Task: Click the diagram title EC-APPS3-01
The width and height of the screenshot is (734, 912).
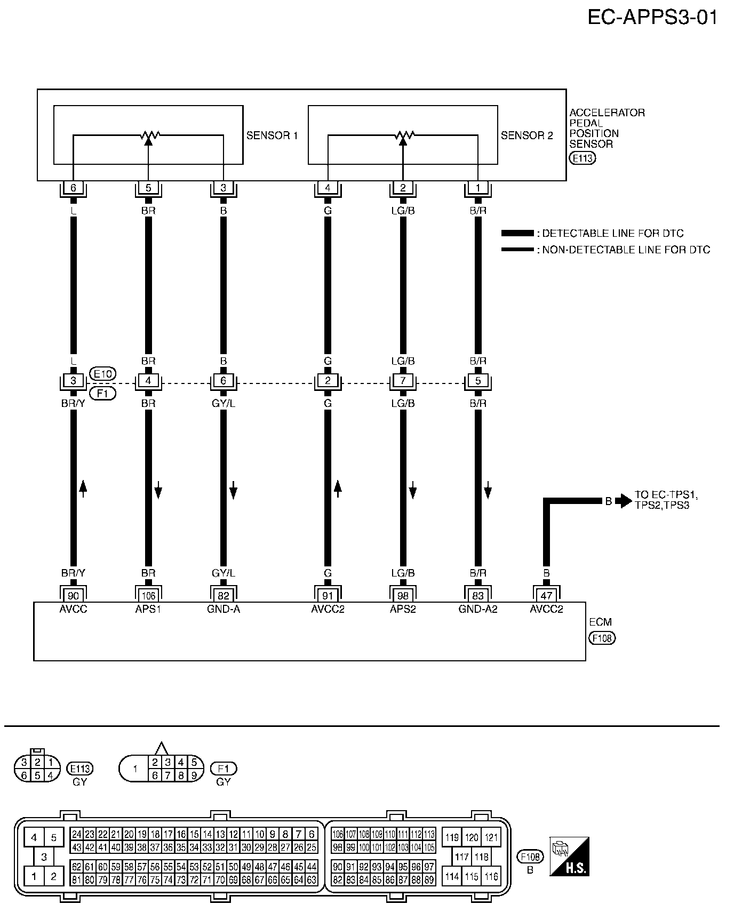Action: [652, 17]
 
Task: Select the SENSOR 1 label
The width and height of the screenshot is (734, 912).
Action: [272, 135]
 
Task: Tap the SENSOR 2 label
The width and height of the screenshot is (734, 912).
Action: [526, 135]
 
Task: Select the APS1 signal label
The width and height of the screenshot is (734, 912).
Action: [148, 609]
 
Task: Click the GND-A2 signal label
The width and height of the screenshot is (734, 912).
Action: [478, 609]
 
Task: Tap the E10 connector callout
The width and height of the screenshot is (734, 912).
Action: [102, 374]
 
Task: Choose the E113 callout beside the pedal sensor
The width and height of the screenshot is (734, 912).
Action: [583, 158]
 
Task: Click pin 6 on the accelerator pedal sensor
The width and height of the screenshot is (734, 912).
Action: [73, 188]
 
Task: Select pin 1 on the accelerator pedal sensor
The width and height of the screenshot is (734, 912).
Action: [478, 188]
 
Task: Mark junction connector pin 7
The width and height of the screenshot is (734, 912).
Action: [403, 381]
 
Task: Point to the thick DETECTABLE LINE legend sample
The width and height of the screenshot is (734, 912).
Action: [517, 233]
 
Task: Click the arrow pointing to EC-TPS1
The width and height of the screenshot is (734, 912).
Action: [623, 501]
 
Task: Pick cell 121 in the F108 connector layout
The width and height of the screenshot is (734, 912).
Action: [491, 838]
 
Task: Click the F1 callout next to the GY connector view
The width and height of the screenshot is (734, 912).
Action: [224, 769]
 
